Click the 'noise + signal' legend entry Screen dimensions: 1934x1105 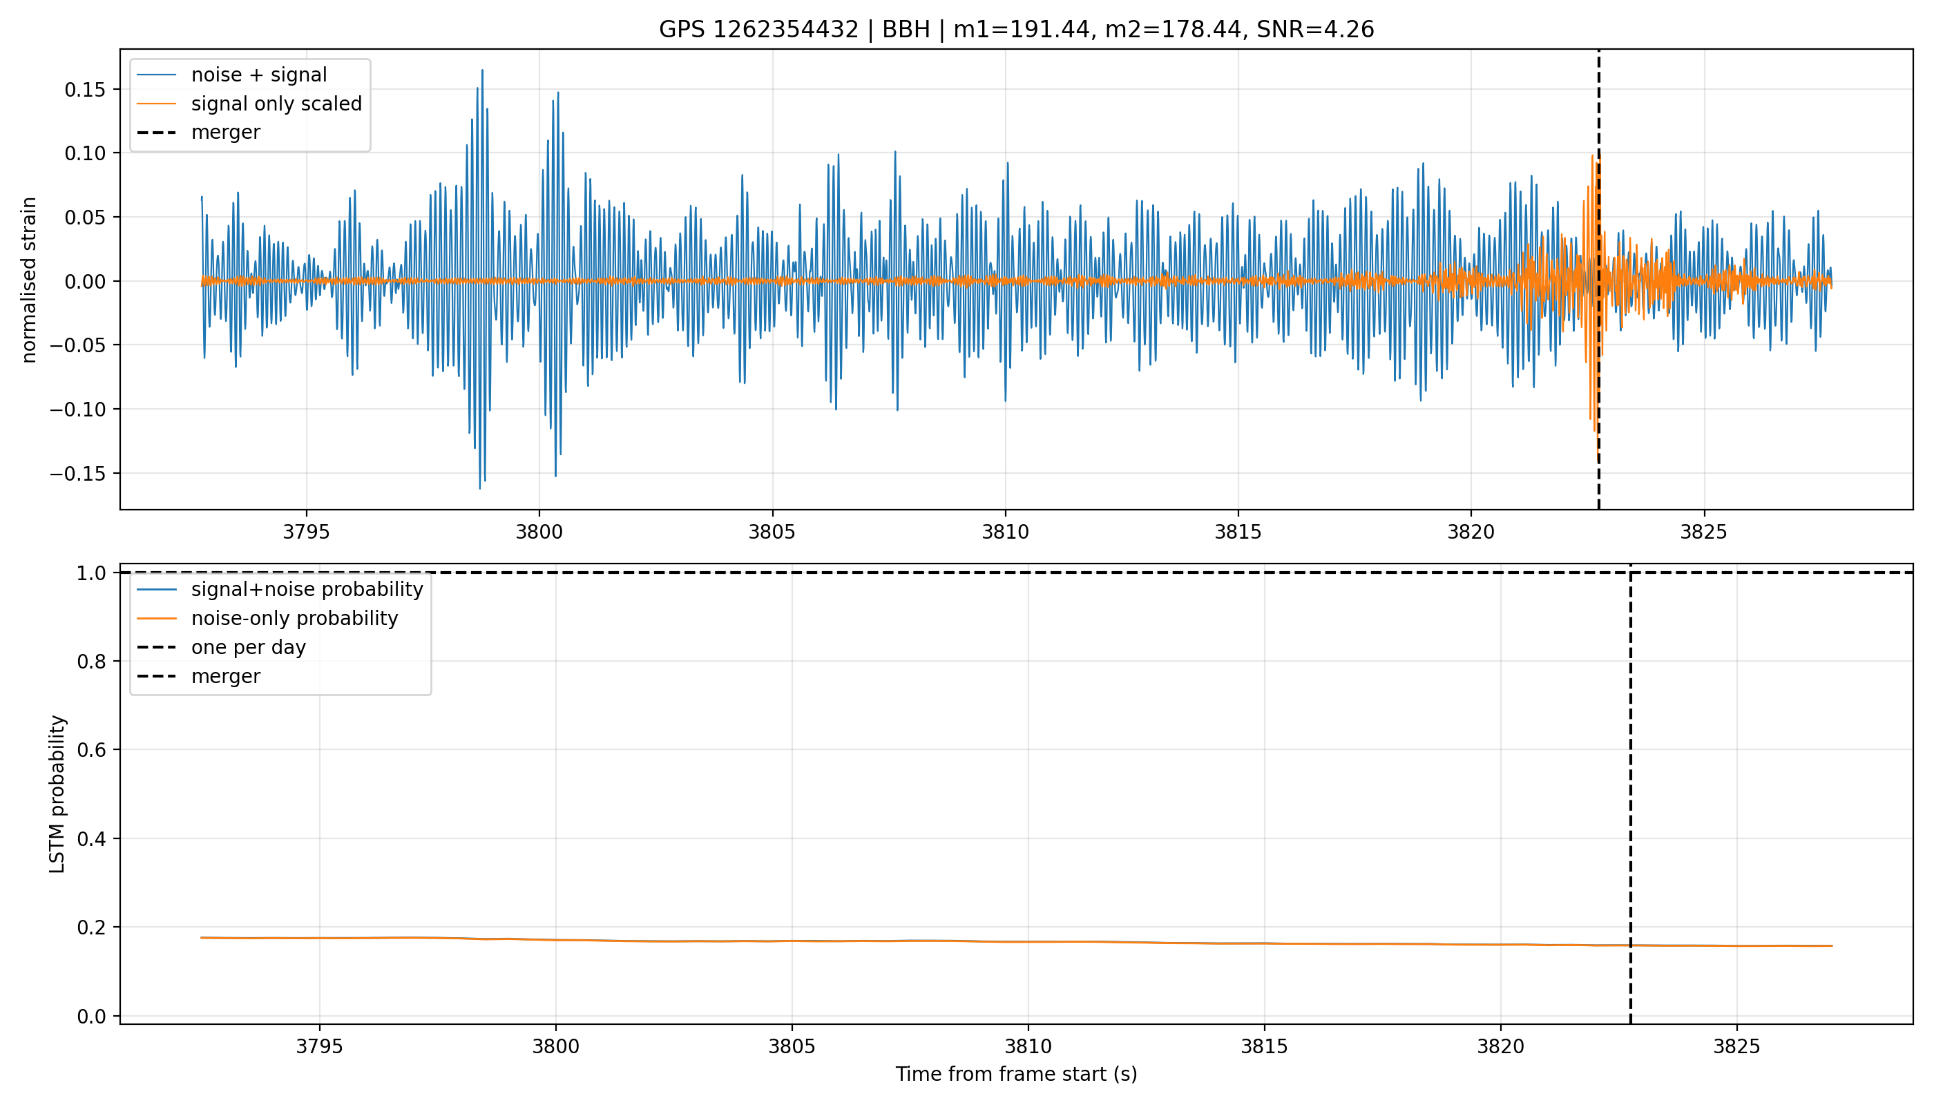coord(259,75)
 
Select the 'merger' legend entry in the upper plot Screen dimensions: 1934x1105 coord(225,133)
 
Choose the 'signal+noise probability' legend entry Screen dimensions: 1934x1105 coord(307,590)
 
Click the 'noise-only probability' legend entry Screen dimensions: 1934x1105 coord(294,619)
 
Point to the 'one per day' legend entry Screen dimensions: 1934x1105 coord(248,647)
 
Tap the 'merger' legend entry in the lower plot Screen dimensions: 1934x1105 coord(225,676)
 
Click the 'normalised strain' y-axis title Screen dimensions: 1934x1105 coord(29,280)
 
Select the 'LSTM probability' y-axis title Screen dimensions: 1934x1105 coord(57,794)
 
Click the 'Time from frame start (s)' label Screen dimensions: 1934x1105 coord(1016,1075)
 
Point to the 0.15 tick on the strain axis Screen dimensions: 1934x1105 coord(86,90)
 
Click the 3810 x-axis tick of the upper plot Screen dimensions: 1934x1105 coord(1006,532)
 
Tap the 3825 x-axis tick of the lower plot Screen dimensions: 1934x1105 coord(1736,1046)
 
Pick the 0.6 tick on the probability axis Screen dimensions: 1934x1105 coord(93,750)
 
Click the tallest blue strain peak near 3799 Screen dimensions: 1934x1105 coord(482,70)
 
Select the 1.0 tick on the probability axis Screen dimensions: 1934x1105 coord(93,573)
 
